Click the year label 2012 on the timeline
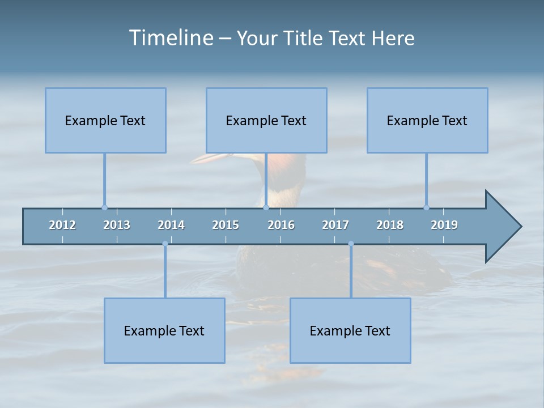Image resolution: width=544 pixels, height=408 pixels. tap(62, 225)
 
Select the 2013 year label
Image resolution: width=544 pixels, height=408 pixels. tap(117, 225)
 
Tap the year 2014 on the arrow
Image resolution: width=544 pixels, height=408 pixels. tap(171, 225)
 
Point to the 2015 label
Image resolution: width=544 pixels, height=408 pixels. tap(226, 225)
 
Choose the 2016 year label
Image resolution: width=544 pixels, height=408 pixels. tap(281, 225)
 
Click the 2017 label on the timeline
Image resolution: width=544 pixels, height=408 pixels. tap(335, 225)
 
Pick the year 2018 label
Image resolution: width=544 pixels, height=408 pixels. tap(390, 225)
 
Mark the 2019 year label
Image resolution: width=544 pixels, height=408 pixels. tap(444, 225)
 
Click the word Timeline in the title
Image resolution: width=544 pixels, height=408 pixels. tap(171, 38)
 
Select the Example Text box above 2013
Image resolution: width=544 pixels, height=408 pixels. tap(105, 120)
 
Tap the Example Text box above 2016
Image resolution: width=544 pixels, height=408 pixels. tap(266, 120)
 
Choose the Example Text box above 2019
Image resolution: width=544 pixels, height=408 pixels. tap(427, 120)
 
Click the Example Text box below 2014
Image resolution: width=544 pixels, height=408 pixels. tap(164, 330)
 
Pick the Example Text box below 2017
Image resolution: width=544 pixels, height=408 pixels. tap(350, 330)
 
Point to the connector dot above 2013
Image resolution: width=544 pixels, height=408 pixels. tap(104, 207)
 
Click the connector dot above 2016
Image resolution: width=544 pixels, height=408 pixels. tap(266, 207)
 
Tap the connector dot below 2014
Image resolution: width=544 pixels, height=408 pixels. tap(165, 244)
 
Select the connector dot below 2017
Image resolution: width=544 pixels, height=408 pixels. tap(351, 244)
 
